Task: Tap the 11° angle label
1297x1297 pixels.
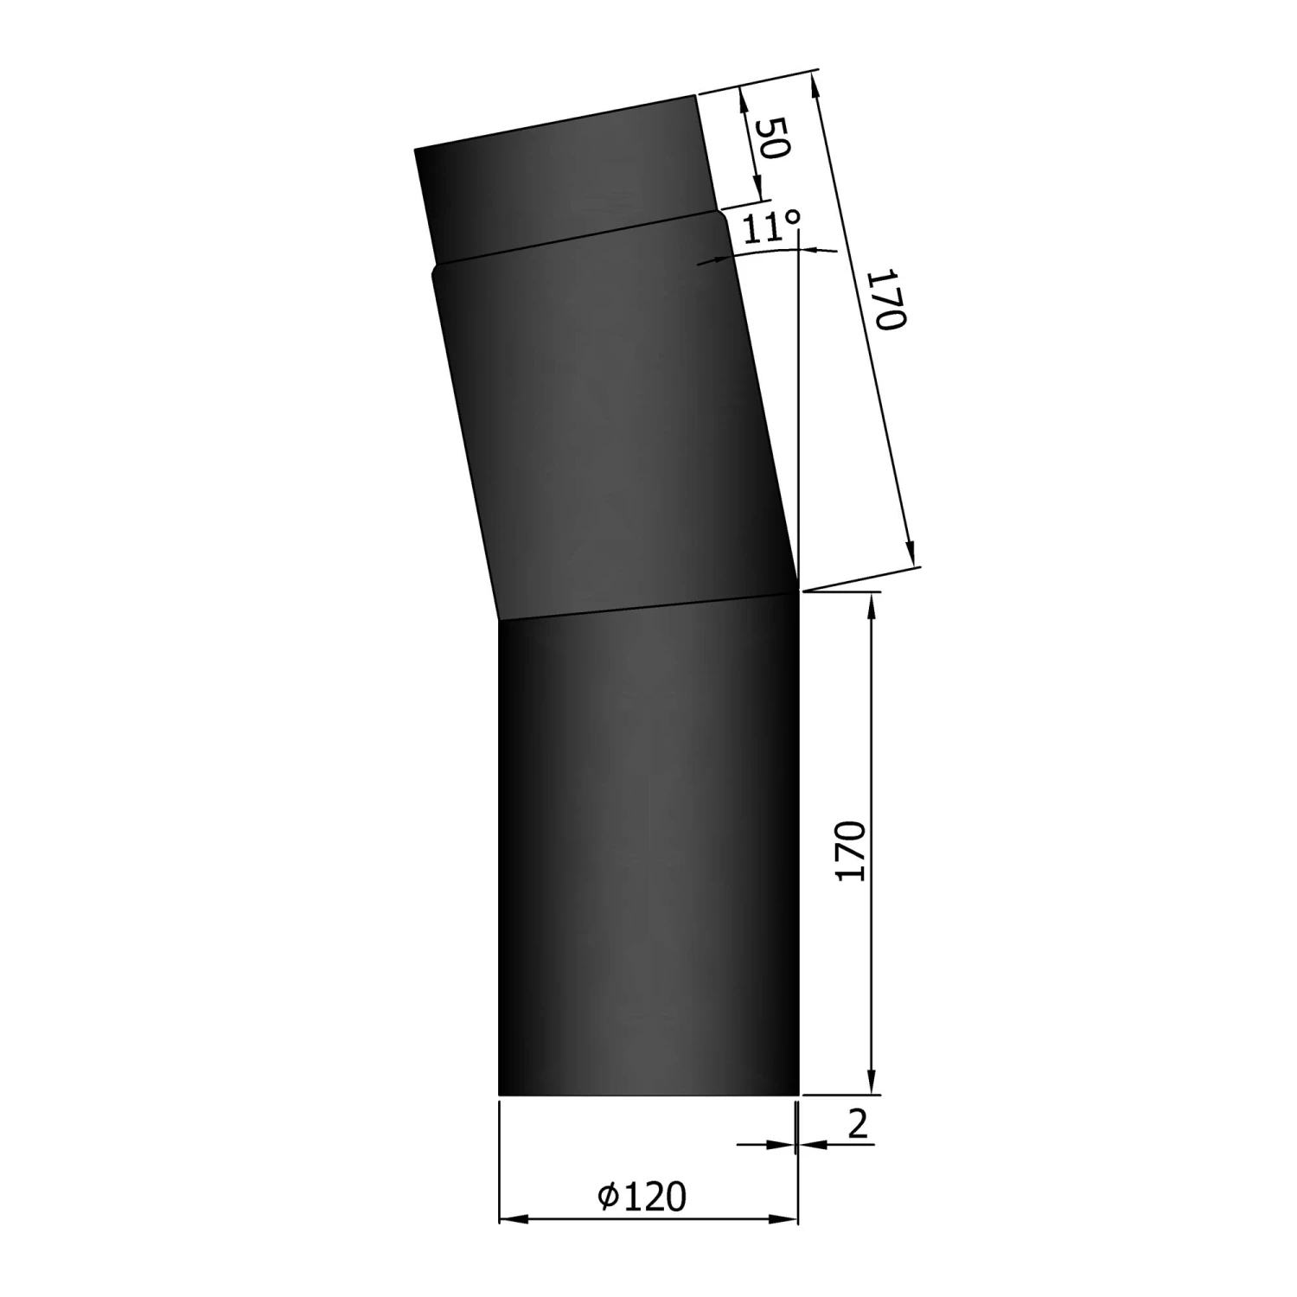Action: (x=770, y=227)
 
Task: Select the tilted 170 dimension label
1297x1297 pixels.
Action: (x=887, y=299)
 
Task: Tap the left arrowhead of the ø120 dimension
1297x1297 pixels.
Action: (x=514, y=1220)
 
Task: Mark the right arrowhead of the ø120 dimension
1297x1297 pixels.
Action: (x=783, y=1220)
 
